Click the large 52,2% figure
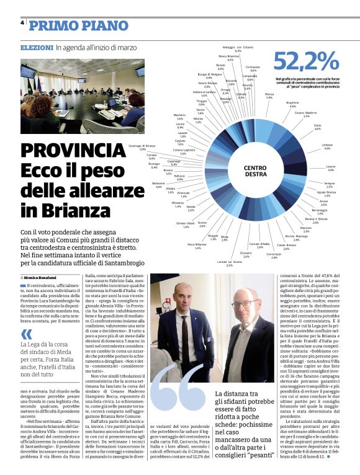[306, 61]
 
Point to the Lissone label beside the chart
[330, 168]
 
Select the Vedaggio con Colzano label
[238, 48]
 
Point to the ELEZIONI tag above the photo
[37, 48]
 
